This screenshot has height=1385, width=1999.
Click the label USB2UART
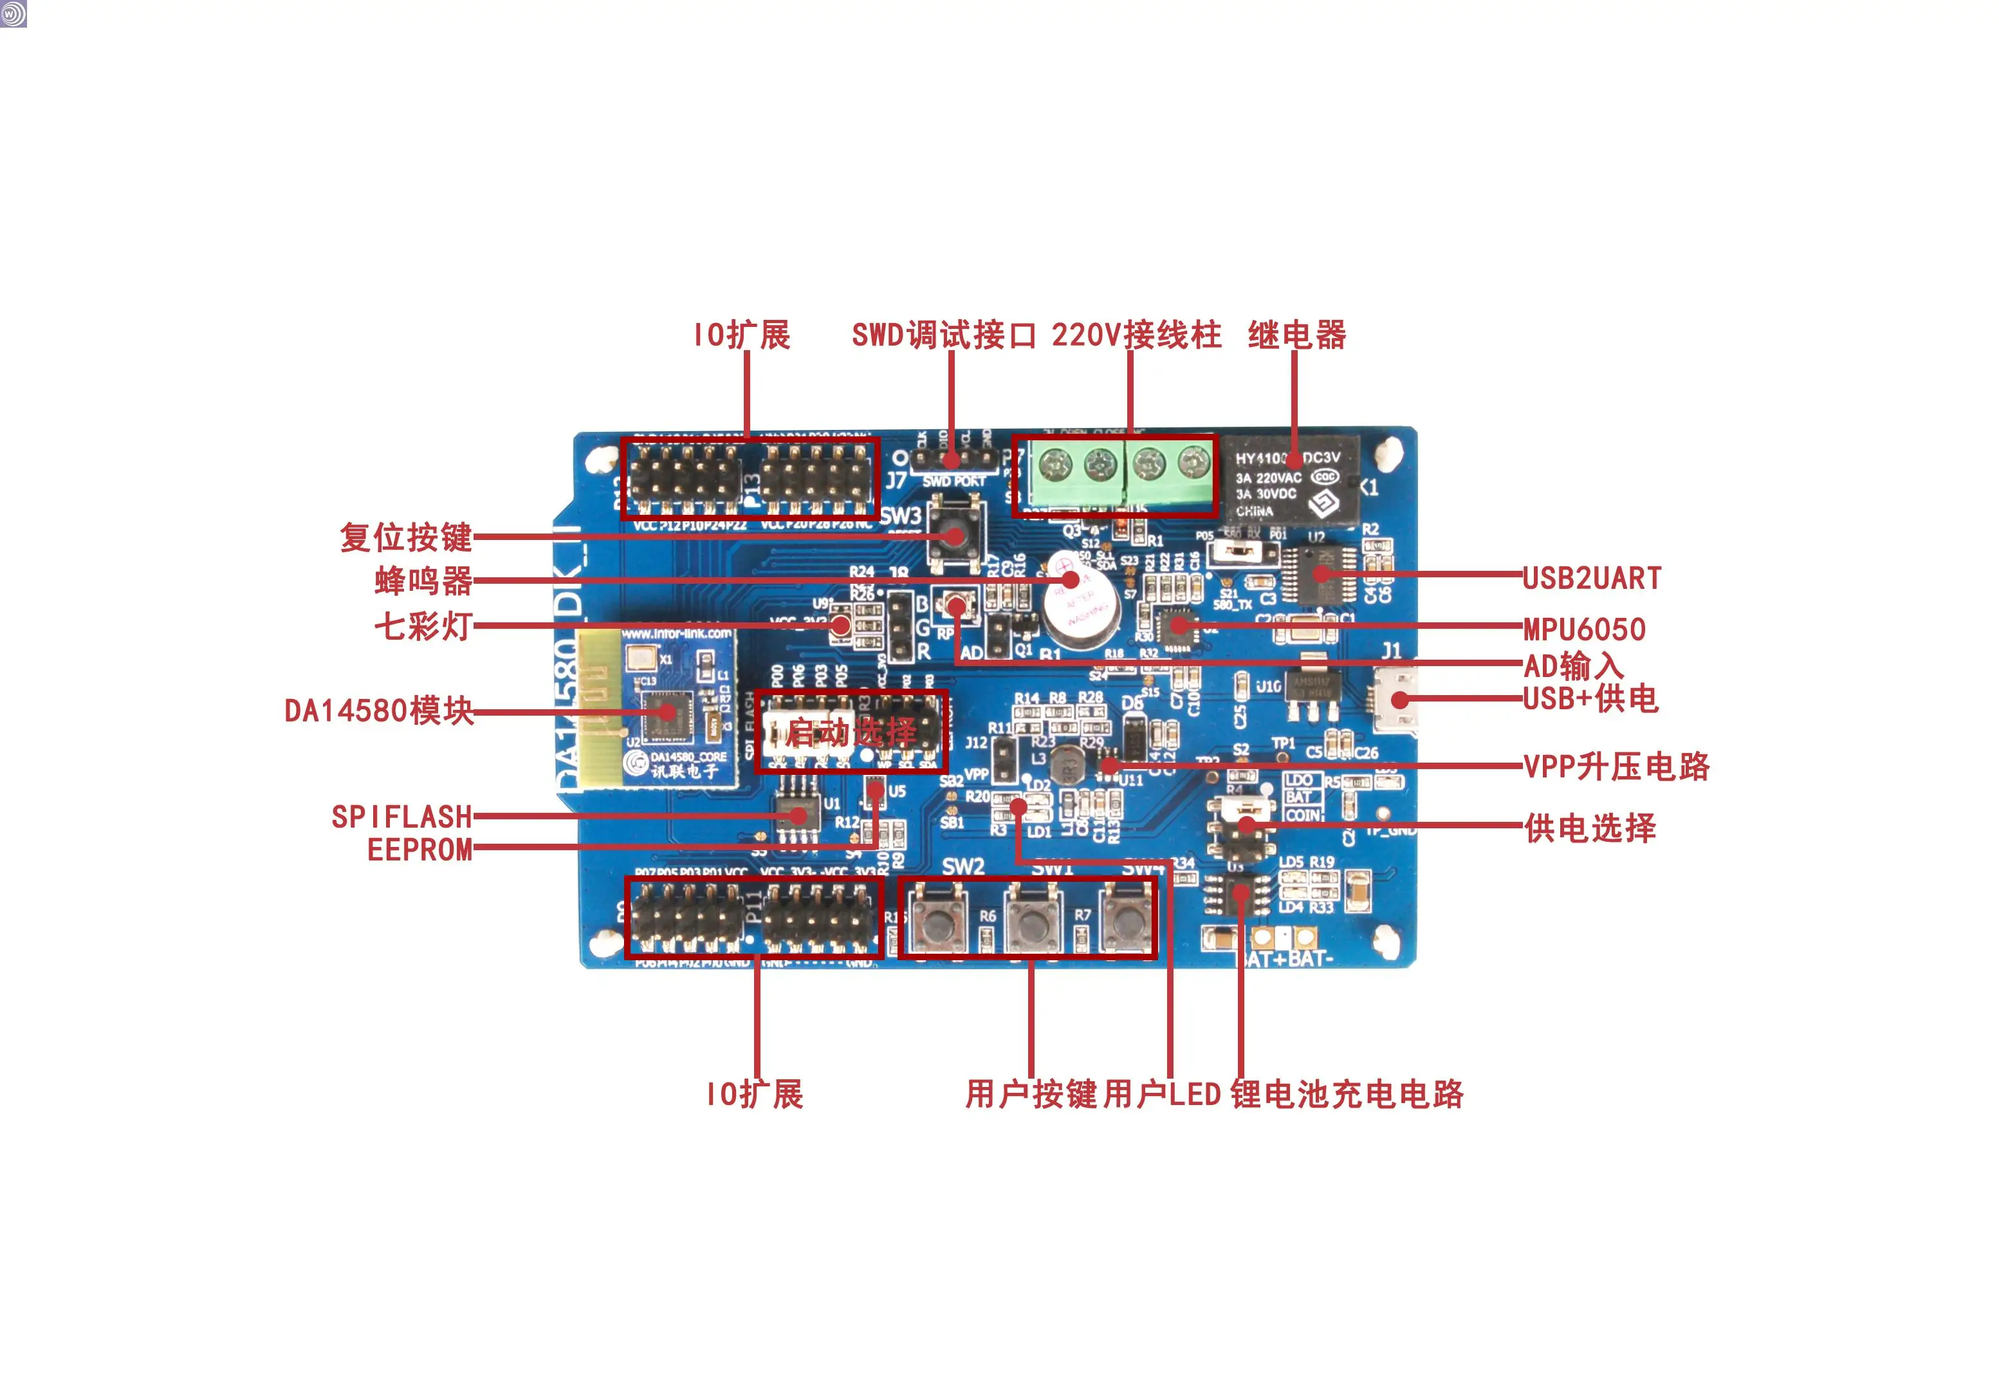coord(1591,578)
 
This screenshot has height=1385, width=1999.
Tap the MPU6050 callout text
coord(1584,629)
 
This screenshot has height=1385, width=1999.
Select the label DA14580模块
coord(379,711)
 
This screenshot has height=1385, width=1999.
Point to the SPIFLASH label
coord(401,817)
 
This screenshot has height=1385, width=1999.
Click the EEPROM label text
coord(420,850)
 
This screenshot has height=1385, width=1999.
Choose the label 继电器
coord(1297,335)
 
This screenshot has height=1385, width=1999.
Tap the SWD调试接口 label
coord(944,335)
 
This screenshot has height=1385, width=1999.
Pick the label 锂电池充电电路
coord(1347,1094)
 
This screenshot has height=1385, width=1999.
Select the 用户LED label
coord(1163,1094)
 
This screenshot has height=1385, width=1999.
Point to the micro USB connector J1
coord(1397,700)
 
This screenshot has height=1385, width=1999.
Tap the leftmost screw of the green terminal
coord(1055,466)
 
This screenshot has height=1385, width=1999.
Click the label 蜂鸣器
coord(423,581)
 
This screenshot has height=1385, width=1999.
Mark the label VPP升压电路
coord(1616,767)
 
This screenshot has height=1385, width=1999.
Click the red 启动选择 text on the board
coord(851,733)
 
